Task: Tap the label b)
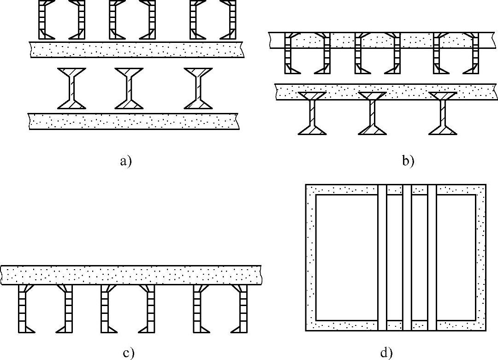408,161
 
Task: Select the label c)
128,354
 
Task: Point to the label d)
386,354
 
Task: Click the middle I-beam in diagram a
129,88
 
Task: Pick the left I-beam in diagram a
71,88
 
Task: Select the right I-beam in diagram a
198,88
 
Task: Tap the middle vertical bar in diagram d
407,257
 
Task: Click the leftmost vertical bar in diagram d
382,257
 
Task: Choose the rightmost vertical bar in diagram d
432,257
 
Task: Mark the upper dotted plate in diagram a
136,49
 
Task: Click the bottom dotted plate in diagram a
134,121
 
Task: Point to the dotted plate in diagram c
131,275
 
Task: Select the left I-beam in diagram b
312,113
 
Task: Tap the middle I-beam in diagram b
372,113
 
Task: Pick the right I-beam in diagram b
443,113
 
